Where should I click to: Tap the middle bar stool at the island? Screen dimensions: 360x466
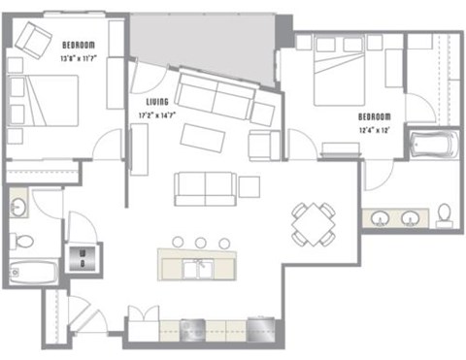point(200,243)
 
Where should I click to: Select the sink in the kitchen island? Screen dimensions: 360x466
point(204,266)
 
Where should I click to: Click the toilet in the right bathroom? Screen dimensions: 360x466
point(445,213)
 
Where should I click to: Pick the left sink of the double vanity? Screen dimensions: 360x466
point(379,216)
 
